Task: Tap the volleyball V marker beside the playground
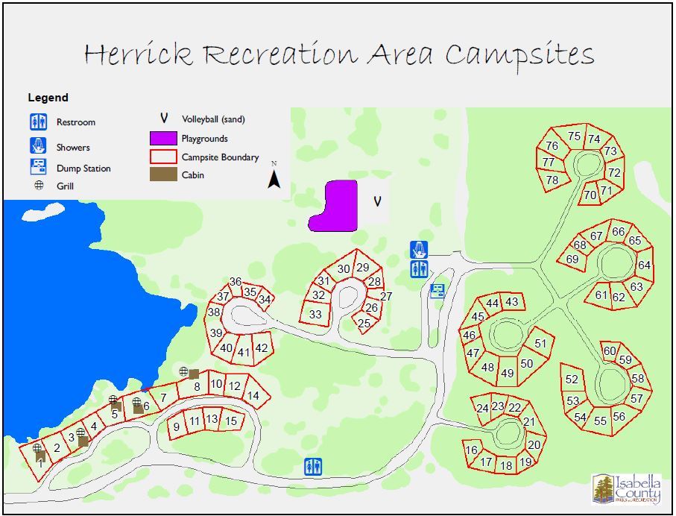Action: coord(377,201)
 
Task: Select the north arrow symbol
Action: coord(274,178)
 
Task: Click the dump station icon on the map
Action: coord(437,291)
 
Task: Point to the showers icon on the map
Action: coord(420,249)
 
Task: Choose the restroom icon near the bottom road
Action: coord(314,468)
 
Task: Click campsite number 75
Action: coord(574,136)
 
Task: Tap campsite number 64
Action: coord(644,265)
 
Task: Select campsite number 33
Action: coord(315,315)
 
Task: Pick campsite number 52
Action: coord(572,380)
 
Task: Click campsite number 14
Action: coord(253,396)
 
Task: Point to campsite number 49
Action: coord(507,374)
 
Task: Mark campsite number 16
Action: coord(471,450)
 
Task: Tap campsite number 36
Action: coord(236,282)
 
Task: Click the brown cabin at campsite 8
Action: coord(194,374)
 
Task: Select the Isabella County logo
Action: coord(627,489)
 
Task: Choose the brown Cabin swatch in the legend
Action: coord(163,175)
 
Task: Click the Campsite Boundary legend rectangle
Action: coord(163,157)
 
